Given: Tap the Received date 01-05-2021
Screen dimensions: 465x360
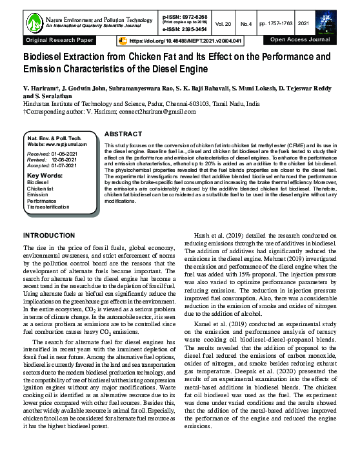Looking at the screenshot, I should pyautogui.click(x=62, y=154).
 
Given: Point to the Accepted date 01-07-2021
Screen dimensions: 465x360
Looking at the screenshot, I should pyautogui.click(x=63, y=165).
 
